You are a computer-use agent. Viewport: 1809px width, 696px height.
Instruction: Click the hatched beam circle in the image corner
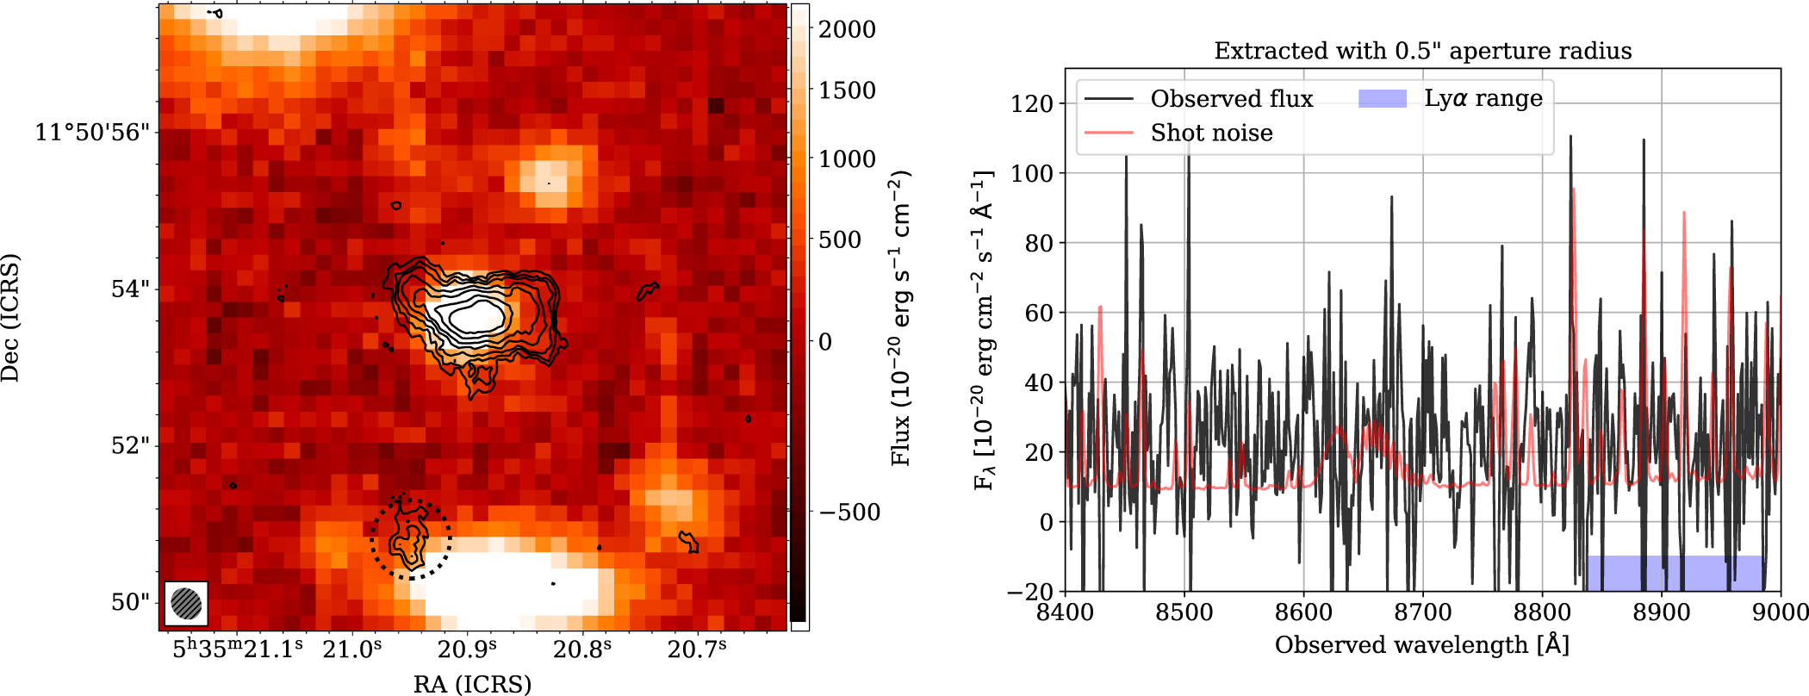(x=186, y=603)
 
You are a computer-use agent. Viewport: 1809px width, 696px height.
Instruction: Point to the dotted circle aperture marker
(x=411, y=539)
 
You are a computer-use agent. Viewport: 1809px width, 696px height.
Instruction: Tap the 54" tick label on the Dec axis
(x=129, y=289)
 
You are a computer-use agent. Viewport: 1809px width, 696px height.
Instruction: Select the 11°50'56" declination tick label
(x=92, y=133)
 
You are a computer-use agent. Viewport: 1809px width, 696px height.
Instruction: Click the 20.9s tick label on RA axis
(x=468, y=649)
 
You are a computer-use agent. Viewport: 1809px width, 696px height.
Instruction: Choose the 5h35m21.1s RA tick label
(x=238, y=649)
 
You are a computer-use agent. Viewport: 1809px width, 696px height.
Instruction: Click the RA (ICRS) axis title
(x=472, y=684)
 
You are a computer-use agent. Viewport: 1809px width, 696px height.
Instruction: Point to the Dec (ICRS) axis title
(x=10, y=317)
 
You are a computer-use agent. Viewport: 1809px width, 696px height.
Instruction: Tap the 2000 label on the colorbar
(x=846, y=29)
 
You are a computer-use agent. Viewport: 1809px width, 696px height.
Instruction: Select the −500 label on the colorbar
(x=849, y=513)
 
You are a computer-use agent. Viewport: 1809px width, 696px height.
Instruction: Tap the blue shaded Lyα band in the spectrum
(x=1673, y=573)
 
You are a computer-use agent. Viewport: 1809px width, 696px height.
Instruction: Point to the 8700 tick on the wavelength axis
(x=1423, y=612)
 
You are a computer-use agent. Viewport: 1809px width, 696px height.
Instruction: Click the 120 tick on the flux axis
(x=1032, y=103)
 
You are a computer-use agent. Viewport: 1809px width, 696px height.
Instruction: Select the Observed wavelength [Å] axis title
(x=1422, y=645)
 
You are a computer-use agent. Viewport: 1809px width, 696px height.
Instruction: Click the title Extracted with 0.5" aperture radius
(x=1422, y=51)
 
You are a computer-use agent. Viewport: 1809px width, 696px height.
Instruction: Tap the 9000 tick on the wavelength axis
(x=1780, y=612)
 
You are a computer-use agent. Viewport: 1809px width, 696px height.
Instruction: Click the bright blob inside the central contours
(x=472, y=316)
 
